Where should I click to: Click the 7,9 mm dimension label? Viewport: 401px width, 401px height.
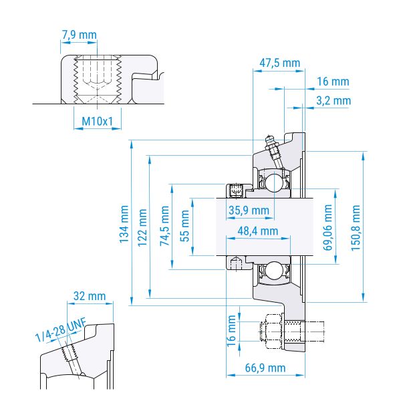click(x=80, y=35)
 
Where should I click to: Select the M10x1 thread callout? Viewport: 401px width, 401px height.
click(x=97, y=121)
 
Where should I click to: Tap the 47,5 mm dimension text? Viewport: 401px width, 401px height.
click(x=279, y=63)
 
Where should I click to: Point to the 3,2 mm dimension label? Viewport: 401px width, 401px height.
click(x=333, y=100)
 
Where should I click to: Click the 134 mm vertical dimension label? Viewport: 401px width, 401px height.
click(x=124, y=224)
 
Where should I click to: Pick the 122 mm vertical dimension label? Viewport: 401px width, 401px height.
click(x=142, y=228)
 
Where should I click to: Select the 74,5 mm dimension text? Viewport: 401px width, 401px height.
click(x=164, y=226)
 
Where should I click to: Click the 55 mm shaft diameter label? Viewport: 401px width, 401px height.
click(x=185, y=226)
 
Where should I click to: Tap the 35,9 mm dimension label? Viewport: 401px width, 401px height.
click(x=249, y=211)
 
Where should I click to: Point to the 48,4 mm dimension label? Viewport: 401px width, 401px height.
click(x=258, y=231)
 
